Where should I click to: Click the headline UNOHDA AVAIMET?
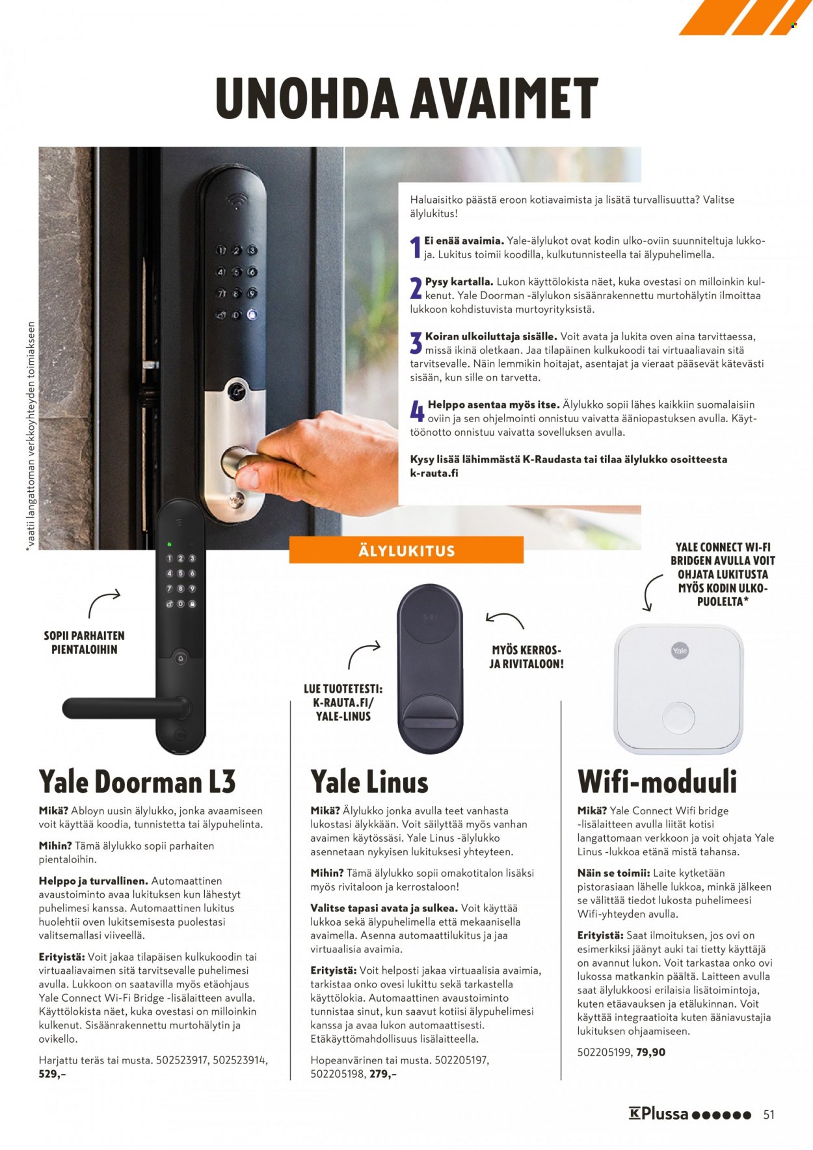point(406,98)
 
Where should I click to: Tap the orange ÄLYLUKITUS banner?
point(406,550)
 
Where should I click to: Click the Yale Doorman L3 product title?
point(137,781)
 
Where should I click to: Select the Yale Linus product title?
point(369,781)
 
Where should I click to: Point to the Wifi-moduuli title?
point(658,781)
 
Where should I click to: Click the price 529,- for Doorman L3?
point(53,1074)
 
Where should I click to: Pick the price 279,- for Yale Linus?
point(383,1074)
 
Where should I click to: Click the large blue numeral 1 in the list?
point(416,248)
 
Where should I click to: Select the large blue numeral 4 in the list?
point(417,412)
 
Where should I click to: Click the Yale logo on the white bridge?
point(680,650)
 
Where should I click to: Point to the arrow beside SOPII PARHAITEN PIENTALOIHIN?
point(104,602)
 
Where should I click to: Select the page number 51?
point(769,1114)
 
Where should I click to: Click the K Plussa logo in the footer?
point(689,1114)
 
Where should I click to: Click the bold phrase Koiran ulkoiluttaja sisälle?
point(491,336)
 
